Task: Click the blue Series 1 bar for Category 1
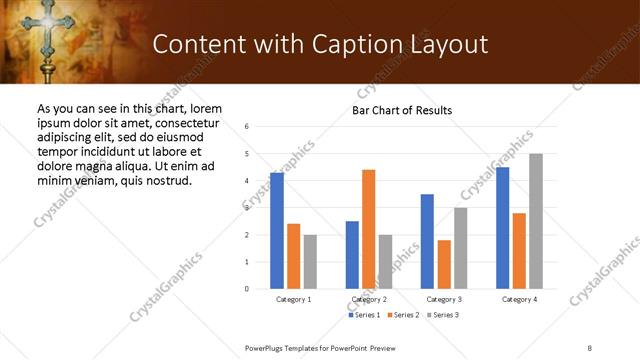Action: (x=277, y=231)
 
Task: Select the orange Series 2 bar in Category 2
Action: (x=369, y=229)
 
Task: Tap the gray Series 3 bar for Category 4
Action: (x=536, y=221)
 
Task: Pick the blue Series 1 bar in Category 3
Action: (x=427, y=241)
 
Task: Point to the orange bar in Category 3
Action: (x=444, y=264)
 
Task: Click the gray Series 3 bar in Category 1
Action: (x=310, y=262)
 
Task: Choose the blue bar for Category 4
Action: (x=503, y=228)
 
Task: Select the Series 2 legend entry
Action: (x=402, y=316)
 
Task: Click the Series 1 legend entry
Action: (x=363, y=316)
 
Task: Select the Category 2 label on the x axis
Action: (x=369, y=300)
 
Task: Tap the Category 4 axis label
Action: (x=519, y=300)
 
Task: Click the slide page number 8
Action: (x=589, y=347)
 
